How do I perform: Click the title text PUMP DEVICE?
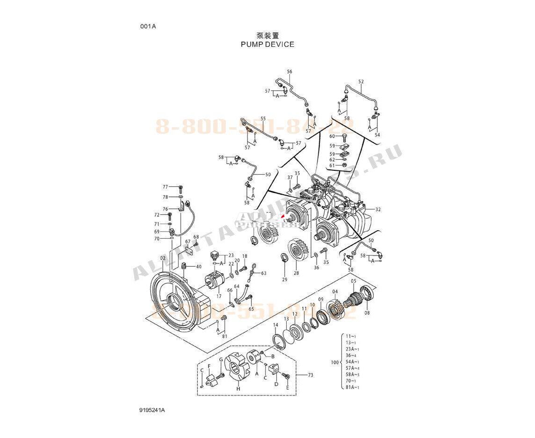coord(267,44)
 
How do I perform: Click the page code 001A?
coord(148,27)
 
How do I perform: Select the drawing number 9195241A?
coord(152,410)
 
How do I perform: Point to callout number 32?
coord(378,210)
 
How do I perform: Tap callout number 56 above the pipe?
coord(289,72)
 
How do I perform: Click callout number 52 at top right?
coord(361,82)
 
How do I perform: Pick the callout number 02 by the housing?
coord(162,258)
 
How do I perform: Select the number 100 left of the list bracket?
coord(334,363)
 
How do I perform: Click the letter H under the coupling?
coord(238,389)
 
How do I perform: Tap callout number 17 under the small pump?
coord(218,296)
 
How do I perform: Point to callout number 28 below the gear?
coord(296,273)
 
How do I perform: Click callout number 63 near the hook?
coord(264,273)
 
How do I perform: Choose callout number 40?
coord(199,267)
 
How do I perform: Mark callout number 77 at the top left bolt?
coord(165,187)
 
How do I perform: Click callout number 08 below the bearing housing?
coord(367,313)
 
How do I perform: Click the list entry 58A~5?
coord(352,375)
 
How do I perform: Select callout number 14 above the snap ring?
coord(275,325)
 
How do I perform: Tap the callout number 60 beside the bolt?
coord(332,136)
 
